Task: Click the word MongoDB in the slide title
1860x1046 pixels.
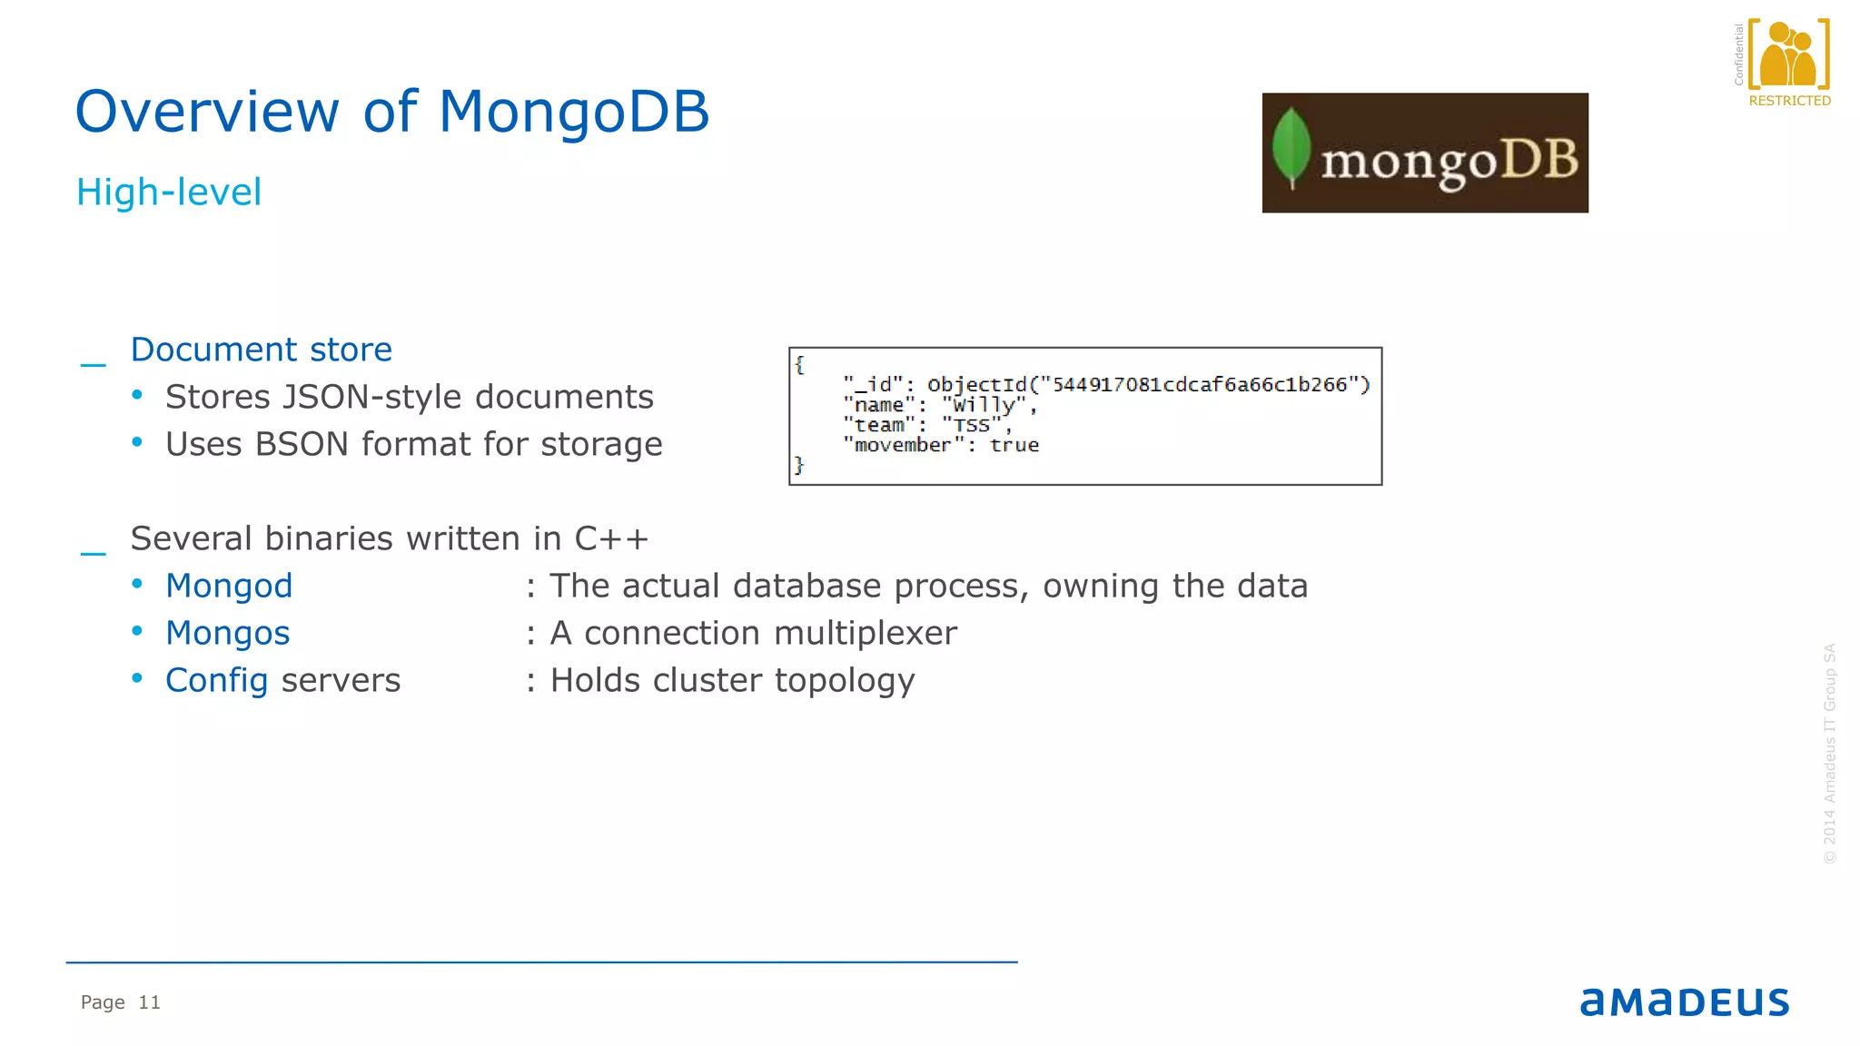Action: [x=573, y=112]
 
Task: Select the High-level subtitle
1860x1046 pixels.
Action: [x=169, y=192]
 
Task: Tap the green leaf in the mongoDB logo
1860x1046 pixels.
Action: [x=1291, y=148]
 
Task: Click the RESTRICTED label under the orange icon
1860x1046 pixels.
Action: [x=1789, y=101]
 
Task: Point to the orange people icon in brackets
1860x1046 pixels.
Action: [x=1788, y=54]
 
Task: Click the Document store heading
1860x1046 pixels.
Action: [x=261, y=350]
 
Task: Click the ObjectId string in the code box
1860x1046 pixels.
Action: [x=1148, y=385]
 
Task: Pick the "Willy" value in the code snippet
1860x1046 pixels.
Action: [x=984, y=405]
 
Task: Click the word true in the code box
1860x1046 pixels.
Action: [x=1014, y=445]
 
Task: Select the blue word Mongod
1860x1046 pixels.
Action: [x=229, y=586]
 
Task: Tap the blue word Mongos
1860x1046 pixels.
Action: [x=227, y=633]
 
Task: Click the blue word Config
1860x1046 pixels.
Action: [x=216, y=680]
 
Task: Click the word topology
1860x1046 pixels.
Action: [x=845, y=680]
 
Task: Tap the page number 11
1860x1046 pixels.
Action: [x=149, y=1002]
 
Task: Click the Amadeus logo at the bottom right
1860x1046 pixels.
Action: [x=1684, y=1002]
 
